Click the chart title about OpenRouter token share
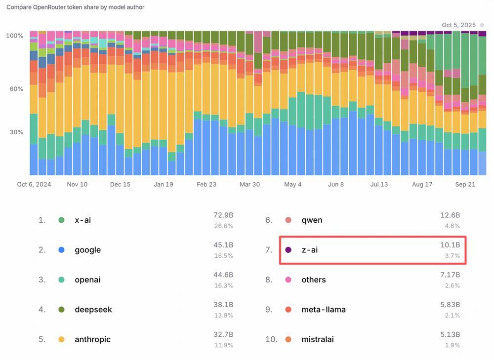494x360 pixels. coord(75,7)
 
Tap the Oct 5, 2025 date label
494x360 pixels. coord(458,25)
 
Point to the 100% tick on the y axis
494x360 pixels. coord(14,36)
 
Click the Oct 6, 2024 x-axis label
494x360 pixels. coord(34,184)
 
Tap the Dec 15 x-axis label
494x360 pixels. coord(120,184)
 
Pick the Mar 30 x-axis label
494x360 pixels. coord(249,184)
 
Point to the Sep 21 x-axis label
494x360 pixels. coord(464,184)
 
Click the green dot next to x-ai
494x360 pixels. coord(61,220)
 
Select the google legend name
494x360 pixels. coord(87,250)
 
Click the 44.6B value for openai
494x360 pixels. coord(223,275)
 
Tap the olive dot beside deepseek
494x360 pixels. coord(61,310)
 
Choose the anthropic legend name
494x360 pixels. coord(92,339)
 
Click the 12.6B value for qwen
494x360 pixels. coord(450,215)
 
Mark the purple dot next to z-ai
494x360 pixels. coord(288,250)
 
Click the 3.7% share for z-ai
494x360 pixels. coord(453,256)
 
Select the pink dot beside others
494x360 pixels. coord(288,280)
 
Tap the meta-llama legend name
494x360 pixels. coord(324,310)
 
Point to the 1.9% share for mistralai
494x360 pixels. coord(453,345)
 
